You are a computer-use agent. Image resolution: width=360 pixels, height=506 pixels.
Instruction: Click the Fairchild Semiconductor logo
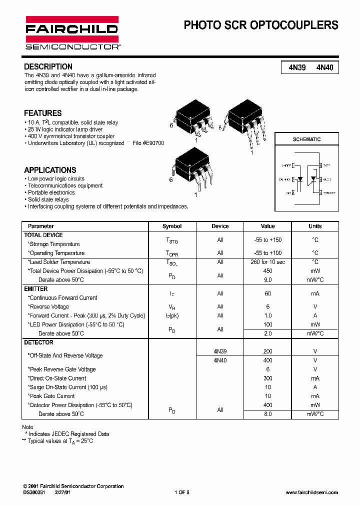point(71,33)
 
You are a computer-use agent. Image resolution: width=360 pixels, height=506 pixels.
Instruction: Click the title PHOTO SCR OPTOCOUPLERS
point(261,25)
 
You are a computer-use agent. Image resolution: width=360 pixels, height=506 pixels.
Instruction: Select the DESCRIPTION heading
point(48,66)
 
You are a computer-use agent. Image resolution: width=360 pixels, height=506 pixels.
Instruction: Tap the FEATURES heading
point(43,113)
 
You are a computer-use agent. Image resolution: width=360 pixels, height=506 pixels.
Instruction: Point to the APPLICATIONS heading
point(50,170)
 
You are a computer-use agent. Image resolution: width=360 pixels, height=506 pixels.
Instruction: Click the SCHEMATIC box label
point(306,139)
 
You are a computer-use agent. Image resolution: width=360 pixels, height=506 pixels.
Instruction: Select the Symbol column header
point(172,226)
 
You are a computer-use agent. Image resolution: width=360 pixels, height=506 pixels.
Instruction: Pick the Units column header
point(315,226)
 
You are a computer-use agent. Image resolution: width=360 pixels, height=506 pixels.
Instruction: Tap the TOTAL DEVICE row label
point(43,235)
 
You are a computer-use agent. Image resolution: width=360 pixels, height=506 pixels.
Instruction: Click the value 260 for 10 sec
point(267,262)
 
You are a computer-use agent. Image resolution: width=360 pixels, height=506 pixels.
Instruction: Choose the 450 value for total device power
point(267,271)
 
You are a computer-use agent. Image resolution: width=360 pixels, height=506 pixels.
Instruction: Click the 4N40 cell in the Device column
point(220,360)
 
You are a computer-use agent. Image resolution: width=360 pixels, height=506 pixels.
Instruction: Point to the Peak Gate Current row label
point(51,396)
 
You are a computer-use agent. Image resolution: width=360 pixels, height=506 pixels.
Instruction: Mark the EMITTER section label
point(36,288)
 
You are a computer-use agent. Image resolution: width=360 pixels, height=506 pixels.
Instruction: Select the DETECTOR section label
point(38,342)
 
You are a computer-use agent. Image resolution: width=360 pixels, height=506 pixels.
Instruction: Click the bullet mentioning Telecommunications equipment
point(65,185)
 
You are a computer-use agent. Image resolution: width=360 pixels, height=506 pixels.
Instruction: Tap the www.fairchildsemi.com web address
point(311,492)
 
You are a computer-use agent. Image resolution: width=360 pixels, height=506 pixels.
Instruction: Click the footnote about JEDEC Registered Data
point(68,434)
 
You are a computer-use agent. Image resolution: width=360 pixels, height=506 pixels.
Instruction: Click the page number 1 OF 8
point(182,492)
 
